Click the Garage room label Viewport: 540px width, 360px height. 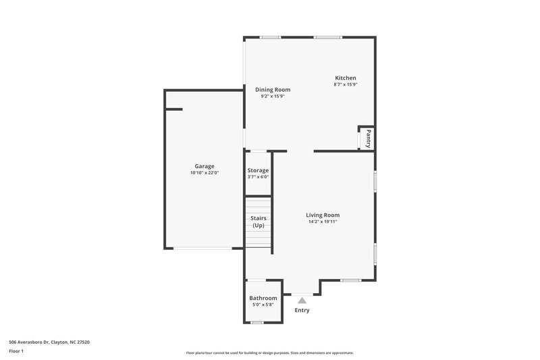tap(205, 166)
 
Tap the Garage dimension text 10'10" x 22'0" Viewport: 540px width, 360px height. tap(205, 173)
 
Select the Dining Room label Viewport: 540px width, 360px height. tap(273, 90)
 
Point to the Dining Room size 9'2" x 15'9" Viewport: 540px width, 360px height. tap(273, 97)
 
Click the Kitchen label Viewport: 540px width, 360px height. tap(345, 78)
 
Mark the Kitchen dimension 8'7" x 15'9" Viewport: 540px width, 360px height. tap(345, 84)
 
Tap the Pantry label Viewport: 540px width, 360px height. tap(369, 139)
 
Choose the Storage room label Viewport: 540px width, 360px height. tap(258, 170)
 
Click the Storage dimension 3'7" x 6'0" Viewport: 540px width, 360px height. tap(258, 177)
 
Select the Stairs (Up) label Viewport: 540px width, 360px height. tap(258, 222)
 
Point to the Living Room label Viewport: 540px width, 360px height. tap(323, 215)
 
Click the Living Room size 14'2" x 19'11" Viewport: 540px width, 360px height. tap(323, 222)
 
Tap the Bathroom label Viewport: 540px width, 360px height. tap(263, 298)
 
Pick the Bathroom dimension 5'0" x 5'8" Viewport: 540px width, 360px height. tap(263, 305)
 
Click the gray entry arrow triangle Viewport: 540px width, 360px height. tap(302, 300)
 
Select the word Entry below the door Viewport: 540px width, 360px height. tap(302, 311)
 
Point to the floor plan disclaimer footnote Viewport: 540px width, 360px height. tap(270, 353)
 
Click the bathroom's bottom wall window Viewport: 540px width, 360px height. tap(256, 322)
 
